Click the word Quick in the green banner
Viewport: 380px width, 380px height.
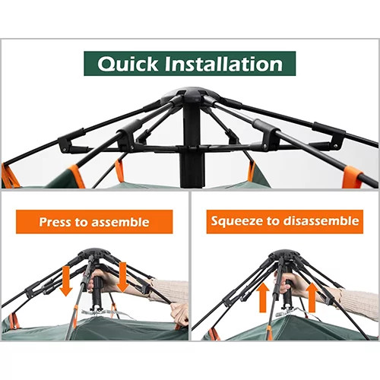click(128, 64)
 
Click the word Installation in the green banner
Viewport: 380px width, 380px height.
click(223, 64)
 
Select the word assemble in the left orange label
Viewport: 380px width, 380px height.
click(120, 222)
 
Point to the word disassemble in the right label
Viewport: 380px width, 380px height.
click(321, 221)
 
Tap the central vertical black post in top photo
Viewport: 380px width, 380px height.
click(192, 143)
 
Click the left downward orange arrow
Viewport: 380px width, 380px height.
click(66, 281)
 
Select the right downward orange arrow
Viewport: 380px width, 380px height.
click(122, 277)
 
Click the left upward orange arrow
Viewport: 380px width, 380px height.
click(263, 297)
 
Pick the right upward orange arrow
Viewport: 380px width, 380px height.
click(312, 297)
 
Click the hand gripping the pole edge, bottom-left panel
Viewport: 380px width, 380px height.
click(179, 315)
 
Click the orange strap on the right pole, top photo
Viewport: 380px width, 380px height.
click(352, 176)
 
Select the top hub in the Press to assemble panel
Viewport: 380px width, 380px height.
click(94, 253)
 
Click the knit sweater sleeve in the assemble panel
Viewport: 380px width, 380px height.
click(170, 290)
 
